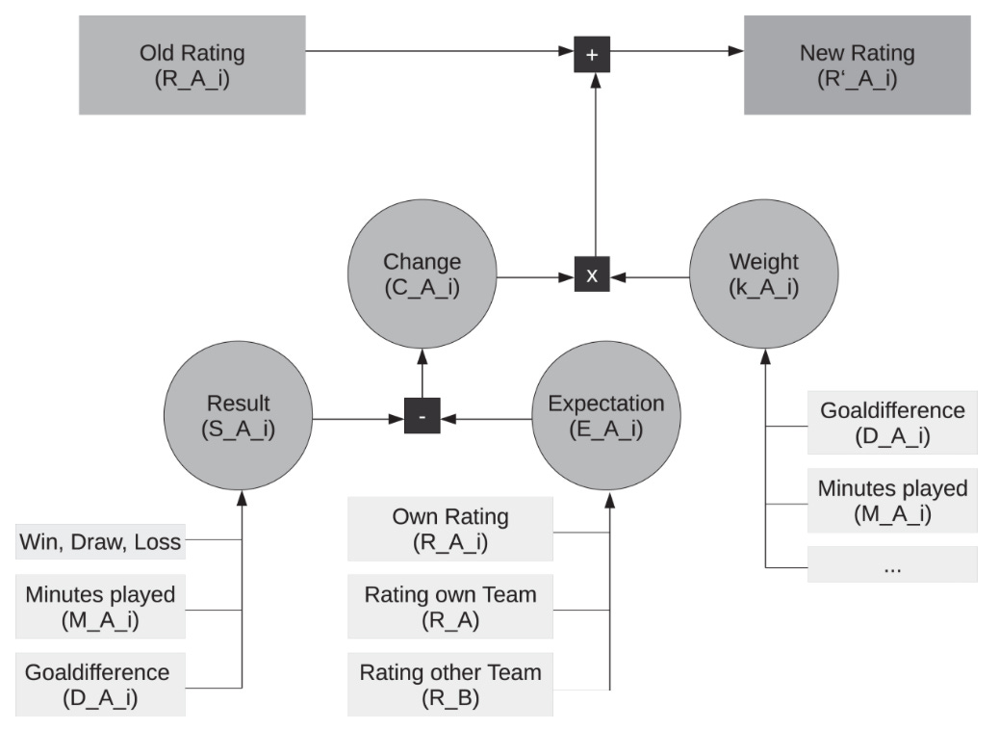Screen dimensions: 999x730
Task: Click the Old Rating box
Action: pos(192,65)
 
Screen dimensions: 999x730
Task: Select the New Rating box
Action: pos(857,65)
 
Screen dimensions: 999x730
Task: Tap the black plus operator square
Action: pos(592,54)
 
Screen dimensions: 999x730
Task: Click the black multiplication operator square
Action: pos(592,274)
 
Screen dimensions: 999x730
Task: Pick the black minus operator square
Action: pos(423,416)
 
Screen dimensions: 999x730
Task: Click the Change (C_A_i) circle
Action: pos(422,274)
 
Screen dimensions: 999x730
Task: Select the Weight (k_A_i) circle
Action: pos(764,274)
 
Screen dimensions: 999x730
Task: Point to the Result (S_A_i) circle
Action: pos(239,416)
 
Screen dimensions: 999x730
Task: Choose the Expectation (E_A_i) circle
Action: pos(606,416)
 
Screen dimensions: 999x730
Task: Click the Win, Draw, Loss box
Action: pos(100,542)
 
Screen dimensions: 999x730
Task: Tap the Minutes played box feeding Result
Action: pos(100,607)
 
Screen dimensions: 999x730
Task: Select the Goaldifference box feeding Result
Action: pos(100,684)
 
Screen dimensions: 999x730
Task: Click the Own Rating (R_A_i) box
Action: pos(449,529)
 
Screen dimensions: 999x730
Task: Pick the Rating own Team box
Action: pos(449,607)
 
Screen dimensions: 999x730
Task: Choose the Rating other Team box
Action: pos(449,684)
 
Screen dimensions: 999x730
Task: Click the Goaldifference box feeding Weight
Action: pos(892,423)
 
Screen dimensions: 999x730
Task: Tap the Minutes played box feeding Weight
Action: pos(892,501)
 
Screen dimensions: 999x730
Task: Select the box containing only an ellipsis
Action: pos(892,564)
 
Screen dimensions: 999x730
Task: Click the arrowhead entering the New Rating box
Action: pos(736,51)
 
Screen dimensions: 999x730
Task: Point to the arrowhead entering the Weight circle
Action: pos(765,356)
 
